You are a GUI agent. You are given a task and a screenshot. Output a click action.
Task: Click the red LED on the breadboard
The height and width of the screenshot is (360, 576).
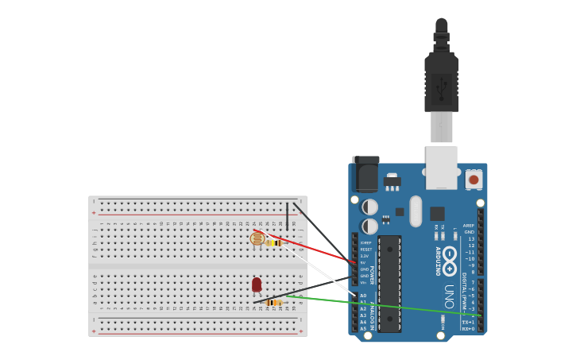[257, 285]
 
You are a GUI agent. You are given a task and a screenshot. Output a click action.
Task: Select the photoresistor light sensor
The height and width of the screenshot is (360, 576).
[257, 238]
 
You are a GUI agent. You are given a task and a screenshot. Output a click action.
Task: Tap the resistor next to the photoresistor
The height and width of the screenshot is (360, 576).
[274, 242]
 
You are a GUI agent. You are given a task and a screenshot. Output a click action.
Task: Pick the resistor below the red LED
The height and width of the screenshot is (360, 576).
[274, 302]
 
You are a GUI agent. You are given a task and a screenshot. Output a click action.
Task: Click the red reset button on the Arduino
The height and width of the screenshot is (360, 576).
[474, 180]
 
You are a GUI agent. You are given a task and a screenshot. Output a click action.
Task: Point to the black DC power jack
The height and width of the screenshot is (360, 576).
[365, 174]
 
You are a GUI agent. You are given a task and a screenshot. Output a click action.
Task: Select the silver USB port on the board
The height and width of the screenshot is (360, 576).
[442, 167]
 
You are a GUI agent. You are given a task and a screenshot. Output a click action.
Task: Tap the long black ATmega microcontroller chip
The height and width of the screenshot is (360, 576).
[389, 283]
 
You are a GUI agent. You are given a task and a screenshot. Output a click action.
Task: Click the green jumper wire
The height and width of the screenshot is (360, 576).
[381, 305]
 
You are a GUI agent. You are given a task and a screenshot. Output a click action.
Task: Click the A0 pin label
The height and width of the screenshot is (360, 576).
[363, 296]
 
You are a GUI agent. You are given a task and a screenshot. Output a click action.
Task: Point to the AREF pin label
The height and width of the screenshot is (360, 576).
[469, 226]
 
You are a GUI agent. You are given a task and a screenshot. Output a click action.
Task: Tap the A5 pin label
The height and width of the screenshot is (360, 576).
[363, 328]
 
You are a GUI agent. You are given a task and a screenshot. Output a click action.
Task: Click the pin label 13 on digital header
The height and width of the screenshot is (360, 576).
[470, 239]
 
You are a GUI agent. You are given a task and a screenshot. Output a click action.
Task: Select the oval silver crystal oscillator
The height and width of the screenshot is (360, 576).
[416, 211]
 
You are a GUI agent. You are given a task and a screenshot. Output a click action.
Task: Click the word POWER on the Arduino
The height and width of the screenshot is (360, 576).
[371, 275]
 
